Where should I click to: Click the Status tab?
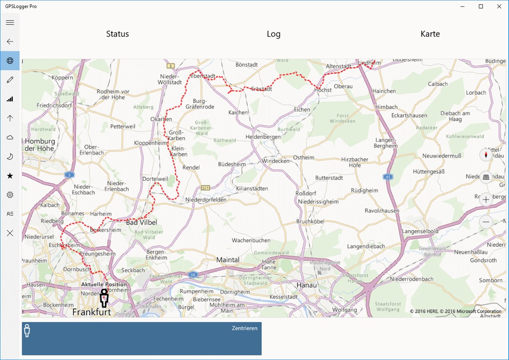point(118,34)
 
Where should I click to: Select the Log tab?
point(274,34)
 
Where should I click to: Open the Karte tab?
point(430,34)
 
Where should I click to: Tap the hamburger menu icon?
point(10,22)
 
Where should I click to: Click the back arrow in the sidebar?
point(10,42)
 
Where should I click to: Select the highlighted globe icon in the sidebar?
point(10,61)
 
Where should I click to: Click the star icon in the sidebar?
point(10,176)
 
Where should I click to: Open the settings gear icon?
point(10,195)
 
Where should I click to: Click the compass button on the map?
point(486,155)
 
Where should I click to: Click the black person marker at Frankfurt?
point(104,298)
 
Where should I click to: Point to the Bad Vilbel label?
point(141,223)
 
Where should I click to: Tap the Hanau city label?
point(307,285)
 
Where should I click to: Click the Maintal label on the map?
point(227,260)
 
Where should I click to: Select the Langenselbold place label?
point(420,231)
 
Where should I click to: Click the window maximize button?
point(481,6)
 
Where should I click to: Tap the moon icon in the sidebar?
point(10,156)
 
